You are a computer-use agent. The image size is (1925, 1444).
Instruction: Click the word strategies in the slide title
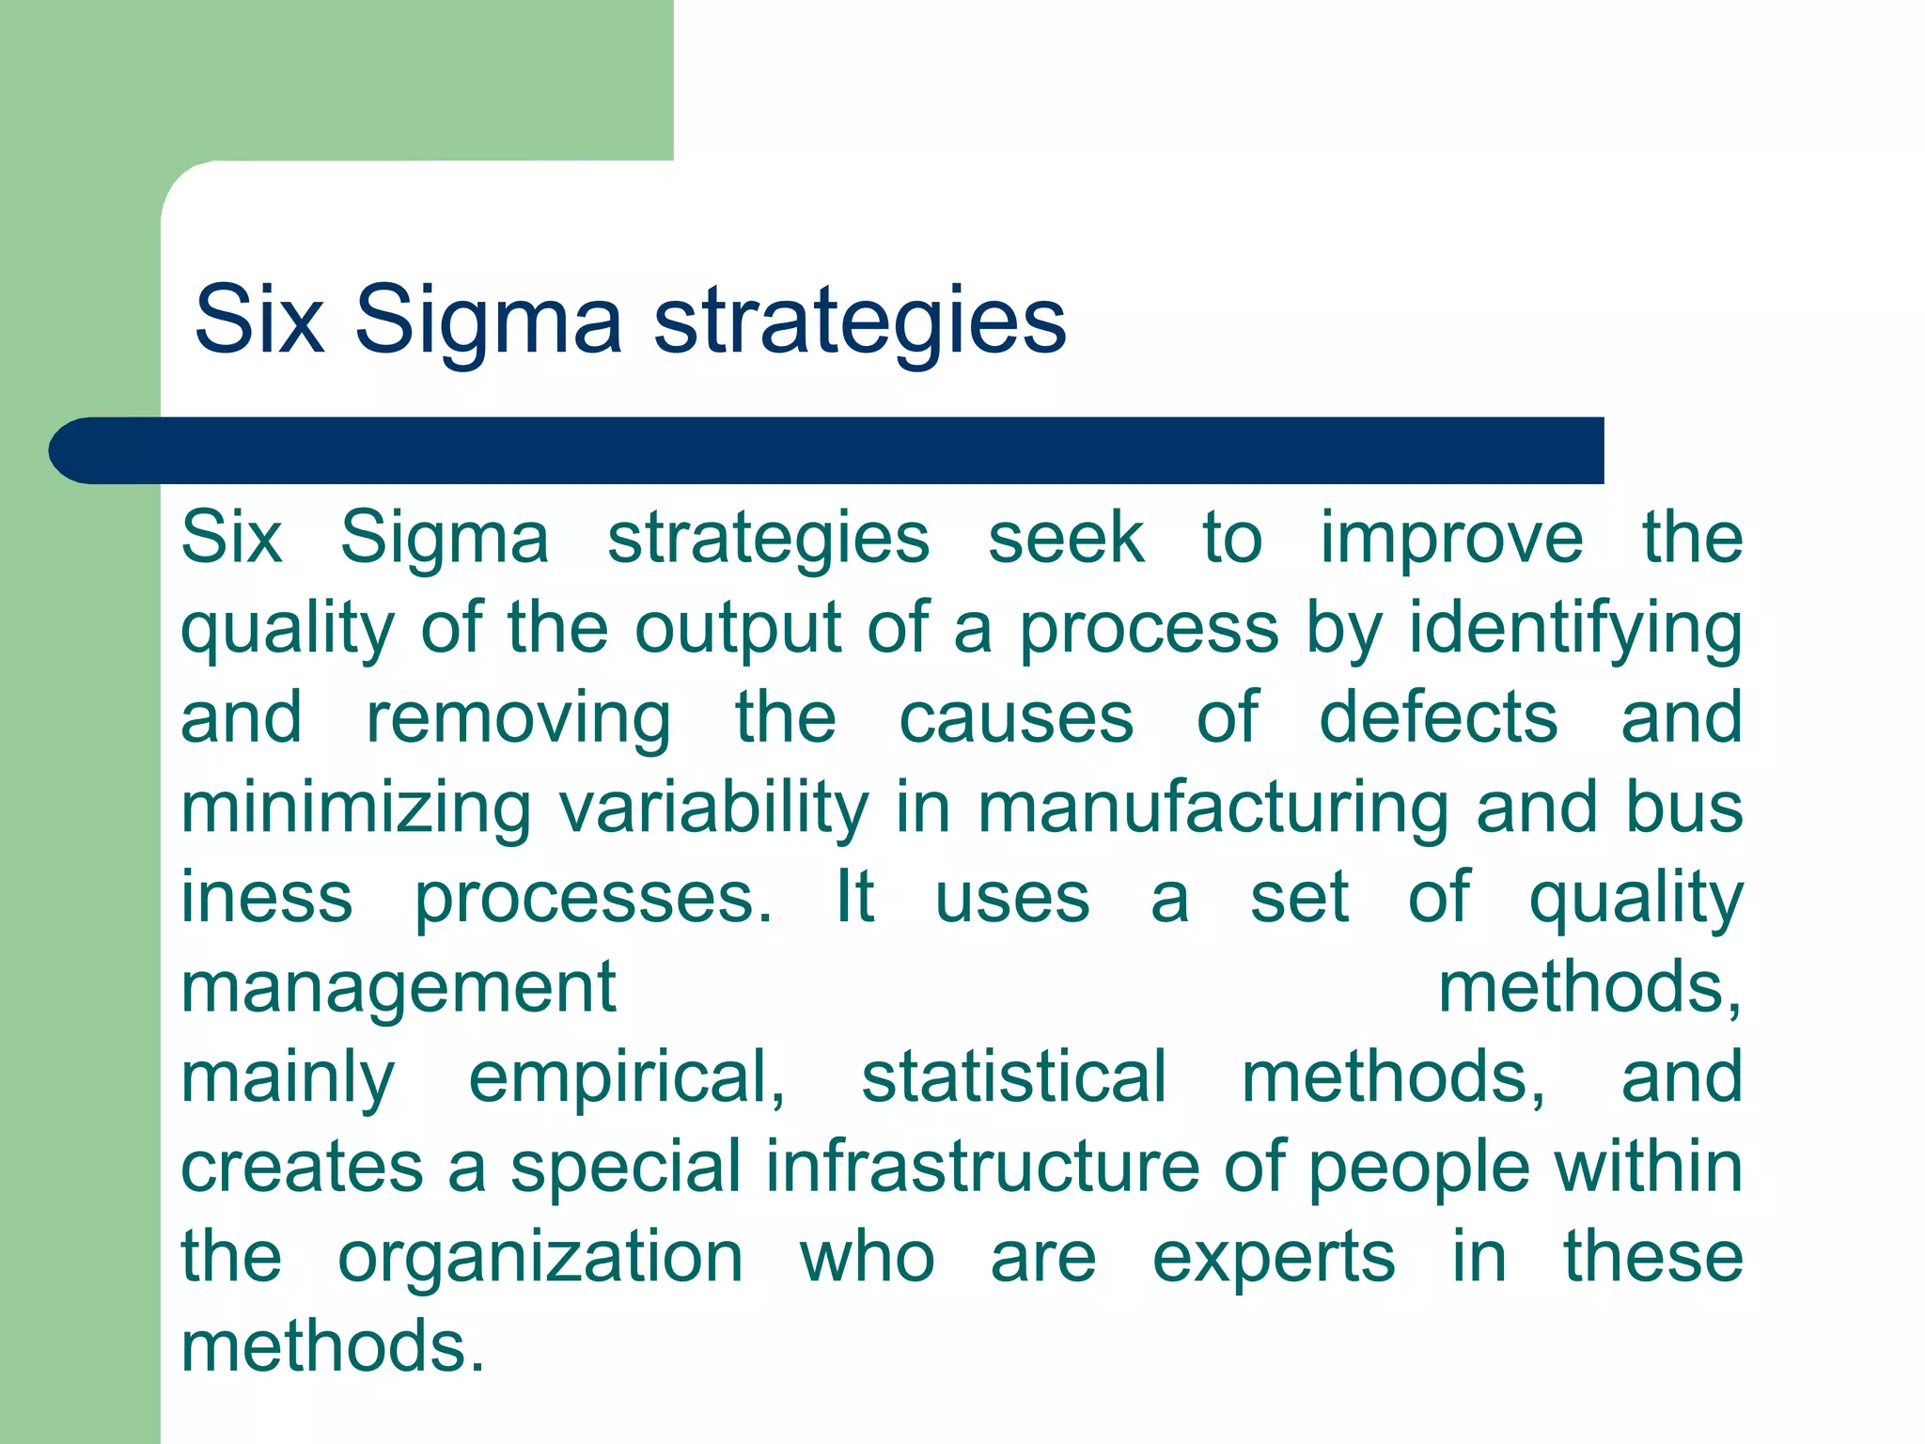(859, 322)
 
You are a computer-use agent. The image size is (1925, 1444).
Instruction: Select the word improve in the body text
(1451, 540)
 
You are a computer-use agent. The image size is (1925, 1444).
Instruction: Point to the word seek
(1066, 540)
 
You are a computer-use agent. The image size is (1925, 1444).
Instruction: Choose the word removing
(518, 719)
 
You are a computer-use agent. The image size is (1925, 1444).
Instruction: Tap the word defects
(1438, 719)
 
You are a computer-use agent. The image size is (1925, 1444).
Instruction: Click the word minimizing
(356, 808)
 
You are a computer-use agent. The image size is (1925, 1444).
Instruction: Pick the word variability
(714, 808)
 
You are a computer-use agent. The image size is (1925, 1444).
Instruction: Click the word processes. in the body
(593, 899)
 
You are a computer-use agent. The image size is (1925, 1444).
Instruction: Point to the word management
(399, 989)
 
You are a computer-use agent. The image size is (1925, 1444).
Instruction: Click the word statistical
(1013, 1078)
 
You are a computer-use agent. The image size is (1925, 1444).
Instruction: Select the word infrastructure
(982, 1168)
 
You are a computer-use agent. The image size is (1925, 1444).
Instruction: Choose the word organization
(540, 1258)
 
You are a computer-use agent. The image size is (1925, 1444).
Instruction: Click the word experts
(1274, 1258)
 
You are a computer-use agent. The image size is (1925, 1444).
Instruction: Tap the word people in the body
(1419, 1168)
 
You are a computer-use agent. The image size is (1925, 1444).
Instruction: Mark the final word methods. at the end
(333, 1347)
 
